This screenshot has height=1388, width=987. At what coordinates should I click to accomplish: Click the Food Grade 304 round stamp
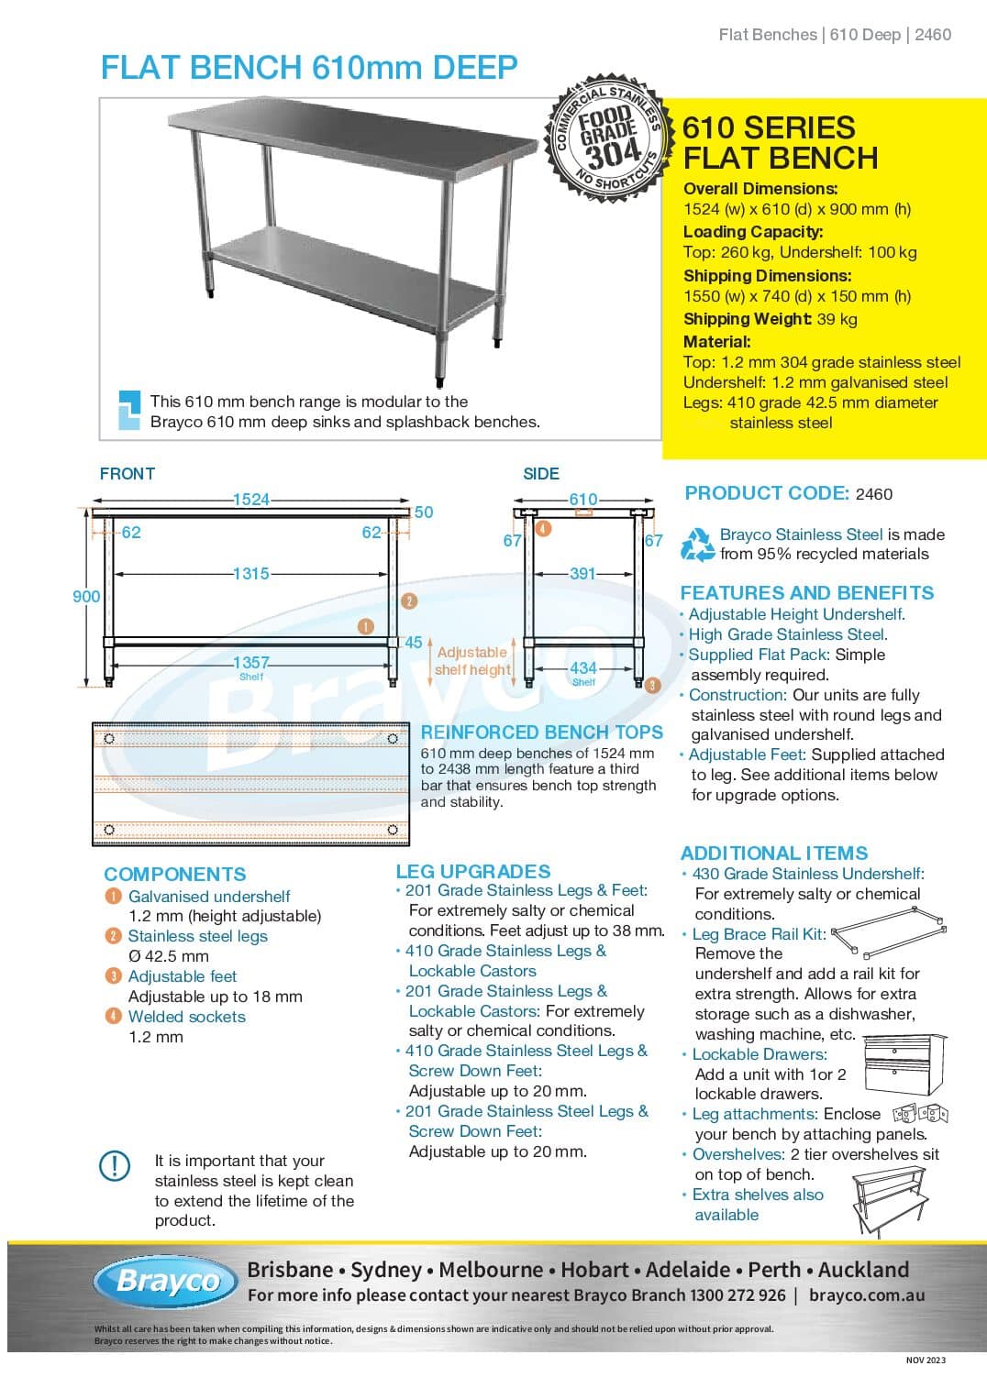[x=606, y=138]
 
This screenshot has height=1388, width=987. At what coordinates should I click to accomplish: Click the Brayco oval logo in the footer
[x=170, y=1281]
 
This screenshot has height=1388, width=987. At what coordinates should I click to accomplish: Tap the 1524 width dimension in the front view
[x=250, y=500]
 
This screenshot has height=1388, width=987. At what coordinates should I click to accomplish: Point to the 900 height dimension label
[x=86, y=597]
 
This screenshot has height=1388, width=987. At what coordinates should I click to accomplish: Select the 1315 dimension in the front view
[x=250, y=574]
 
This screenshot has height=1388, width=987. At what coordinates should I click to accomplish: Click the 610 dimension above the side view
[x=583, y=500]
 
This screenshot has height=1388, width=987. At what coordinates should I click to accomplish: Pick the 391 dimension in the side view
[x=582, y=574]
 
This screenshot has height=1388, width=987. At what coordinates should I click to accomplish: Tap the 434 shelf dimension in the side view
[x=583, y=668]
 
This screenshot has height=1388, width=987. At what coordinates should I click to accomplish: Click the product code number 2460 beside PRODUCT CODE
[x=873, y=494]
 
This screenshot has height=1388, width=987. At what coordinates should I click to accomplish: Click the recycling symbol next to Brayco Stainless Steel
[x=697, y=545]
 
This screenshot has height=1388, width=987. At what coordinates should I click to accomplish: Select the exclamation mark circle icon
[x=115, y=1165]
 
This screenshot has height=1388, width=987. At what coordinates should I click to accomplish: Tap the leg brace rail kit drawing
[x=889, y=931]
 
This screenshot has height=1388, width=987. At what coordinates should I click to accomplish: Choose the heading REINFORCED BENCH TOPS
[x=541, y=733]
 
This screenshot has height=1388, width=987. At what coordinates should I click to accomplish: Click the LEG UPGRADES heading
[x=473, y=872]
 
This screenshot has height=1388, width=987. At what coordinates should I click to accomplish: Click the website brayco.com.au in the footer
[x=867, y=1295]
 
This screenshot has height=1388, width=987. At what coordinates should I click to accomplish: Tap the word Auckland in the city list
[x=863, y=1270]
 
